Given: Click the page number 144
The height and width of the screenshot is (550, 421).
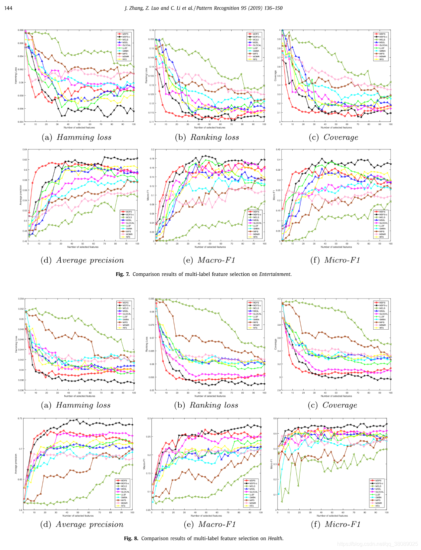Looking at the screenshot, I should [x=8, y=8].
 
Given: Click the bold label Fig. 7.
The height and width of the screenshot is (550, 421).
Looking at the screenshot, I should [x=123, y=274].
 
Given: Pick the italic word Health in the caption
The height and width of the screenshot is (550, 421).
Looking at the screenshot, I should [x=275, y=538].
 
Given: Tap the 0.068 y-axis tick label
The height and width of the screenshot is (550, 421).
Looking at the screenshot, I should [x=21, y=30].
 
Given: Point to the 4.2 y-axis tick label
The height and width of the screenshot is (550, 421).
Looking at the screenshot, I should [x=279, y=299].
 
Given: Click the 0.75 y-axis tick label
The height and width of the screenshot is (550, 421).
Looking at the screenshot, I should [x=20, y=419].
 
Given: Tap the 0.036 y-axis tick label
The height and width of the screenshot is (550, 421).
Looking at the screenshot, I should [x=21, y=390].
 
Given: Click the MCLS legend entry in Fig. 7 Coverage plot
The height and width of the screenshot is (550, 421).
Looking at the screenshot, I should [x=382, y=39].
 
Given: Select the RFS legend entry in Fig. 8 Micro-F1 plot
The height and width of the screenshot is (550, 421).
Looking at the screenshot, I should [x=378, y=506].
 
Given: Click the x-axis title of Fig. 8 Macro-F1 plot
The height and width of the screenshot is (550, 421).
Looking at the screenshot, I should [x=206, y=516].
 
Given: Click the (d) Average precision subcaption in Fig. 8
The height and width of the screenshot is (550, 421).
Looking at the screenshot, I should [x=82, y=524].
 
